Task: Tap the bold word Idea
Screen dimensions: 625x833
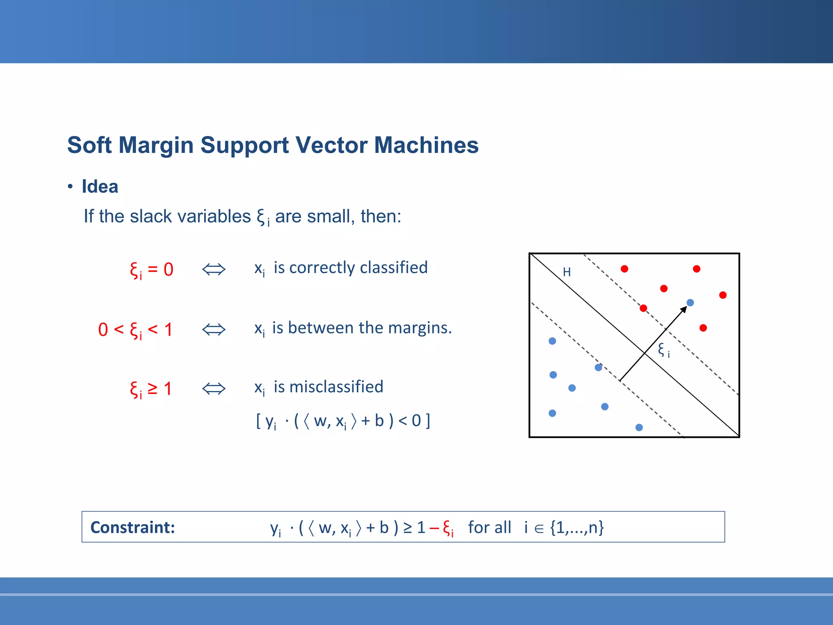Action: (100, 187)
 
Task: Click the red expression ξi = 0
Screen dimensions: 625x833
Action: (151, 270)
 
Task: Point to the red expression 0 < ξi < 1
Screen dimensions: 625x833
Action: (135, 330)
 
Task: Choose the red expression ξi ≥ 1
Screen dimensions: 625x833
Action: (151, 389)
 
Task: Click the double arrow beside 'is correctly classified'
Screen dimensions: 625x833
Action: (214, 269)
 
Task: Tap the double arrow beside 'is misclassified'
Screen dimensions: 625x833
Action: (214, 389)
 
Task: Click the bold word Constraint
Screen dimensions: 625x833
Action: (133, 527)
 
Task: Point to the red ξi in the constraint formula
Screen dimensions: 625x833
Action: (448, 528)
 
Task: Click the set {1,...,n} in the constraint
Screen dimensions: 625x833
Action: (577, 528)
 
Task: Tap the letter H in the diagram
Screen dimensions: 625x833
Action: (567, 272)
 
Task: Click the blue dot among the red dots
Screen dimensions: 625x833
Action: (690, 303)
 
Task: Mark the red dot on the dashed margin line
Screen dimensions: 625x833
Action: (643, 308)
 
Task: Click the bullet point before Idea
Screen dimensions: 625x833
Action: (70, 187)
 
